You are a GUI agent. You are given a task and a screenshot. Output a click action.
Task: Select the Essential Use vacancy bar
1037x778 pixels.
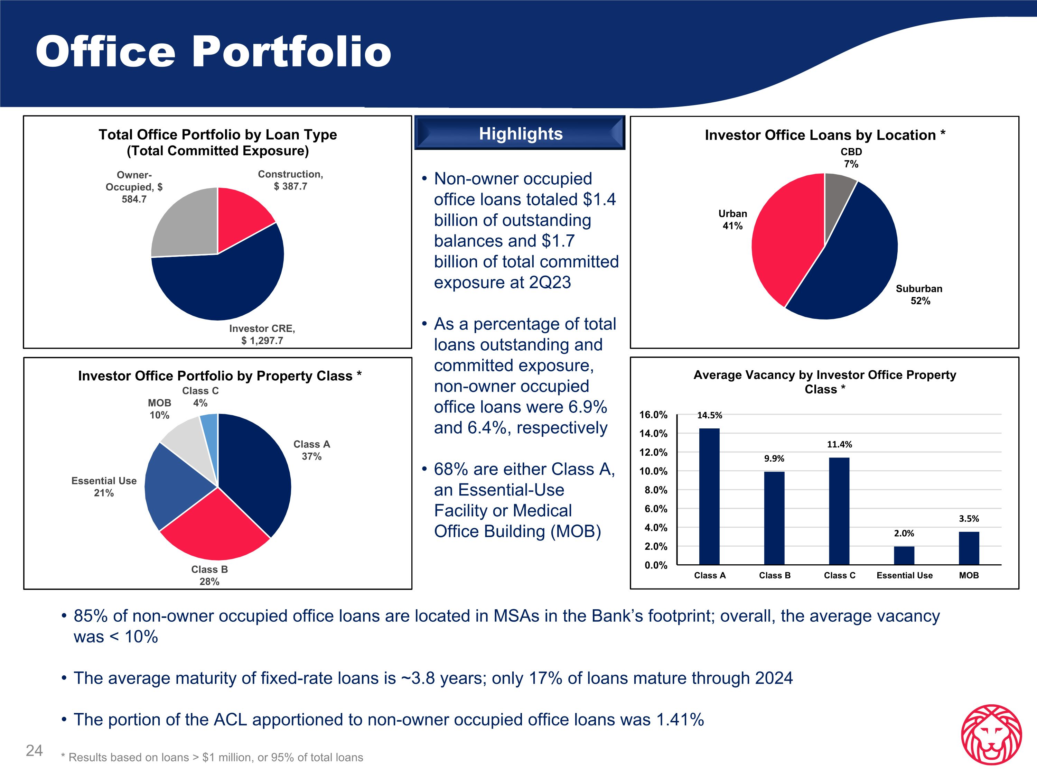904,555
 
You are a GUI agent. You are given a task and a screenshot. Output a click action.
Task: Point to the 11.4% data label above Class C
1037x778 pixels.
839,444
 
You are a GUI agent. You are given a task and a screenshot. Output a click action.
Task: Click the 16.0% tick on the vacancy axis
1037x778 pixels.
653,415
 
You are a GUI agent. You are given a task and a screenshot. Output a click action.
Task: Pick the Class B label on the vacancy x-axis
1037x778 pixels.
775,575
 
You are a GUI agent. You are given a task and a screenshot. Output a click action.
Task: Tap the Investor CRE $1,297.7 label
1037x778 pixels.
262,334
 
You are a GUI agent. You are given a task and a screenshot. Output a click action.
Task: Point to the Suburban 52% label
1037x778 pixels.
919,295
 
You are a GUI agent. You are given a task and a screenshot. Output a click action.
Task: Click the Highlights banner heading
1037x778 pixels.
520,134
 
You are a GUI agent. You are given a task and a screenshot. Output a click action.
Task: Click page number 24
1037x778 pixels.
34,750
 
